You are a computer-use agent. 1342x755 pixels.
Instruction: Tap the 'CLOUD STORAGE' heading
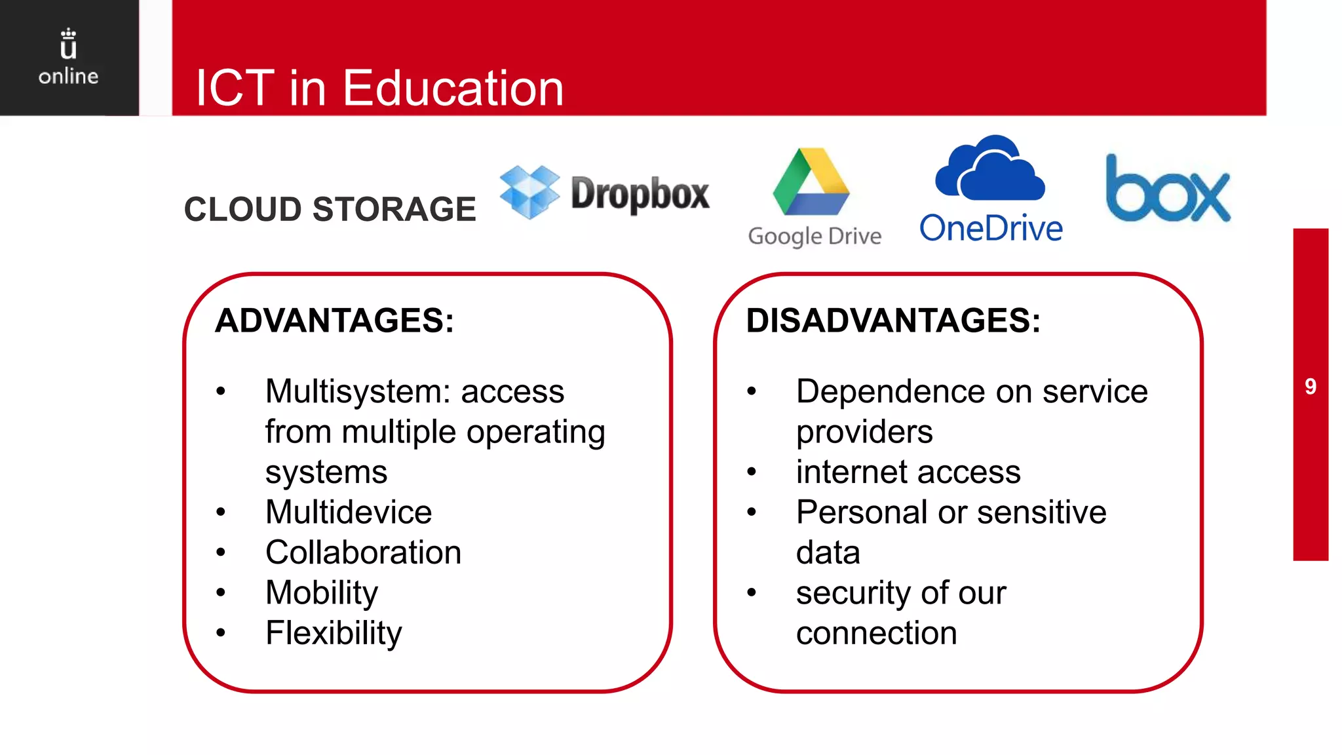point(330,209)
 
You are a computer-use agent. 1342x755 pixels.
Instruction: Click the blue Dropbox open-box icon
point(529,191)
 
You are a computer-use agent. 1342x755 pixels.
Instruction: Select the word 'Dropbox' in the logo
point(640,193)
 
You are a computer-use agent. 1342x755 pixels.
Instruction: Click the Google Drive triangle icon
point(811,183)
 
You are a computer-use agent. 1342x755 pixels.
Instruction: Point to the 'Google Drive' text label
point(815,236)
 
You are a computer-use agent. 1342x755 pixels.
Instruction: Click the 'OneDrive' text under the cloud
point(991,229)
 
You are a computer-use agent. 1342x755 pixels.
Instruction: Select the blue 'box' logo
point(1168,189)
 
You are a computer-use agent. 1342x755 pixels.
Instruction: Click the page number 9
point(1311,387)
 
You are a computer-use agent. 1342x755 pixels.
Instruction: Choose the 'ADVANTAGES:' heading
point(334,321)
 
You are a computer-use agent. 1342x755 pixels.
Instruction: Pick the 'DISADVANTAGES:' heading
point(892,321)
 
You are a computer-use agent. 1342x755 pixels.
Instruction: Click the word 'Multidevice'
point(349,512)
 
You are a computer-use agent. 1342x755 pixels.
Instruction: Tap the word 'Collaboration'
point(363,552)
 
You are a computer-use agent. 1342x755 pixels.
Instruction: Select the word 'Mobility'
point(322,593)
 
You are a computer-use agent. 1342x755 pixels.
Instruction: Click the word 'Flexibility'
point(334,633)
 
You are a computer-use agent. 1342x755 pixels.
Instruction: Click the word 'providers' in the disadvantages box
point(864,433)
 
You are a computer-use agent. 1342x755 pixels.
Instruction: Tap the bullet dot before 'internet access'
point(752,472)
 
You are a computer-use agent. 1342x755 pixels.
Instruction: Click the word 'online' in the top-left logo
point(68,77)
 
